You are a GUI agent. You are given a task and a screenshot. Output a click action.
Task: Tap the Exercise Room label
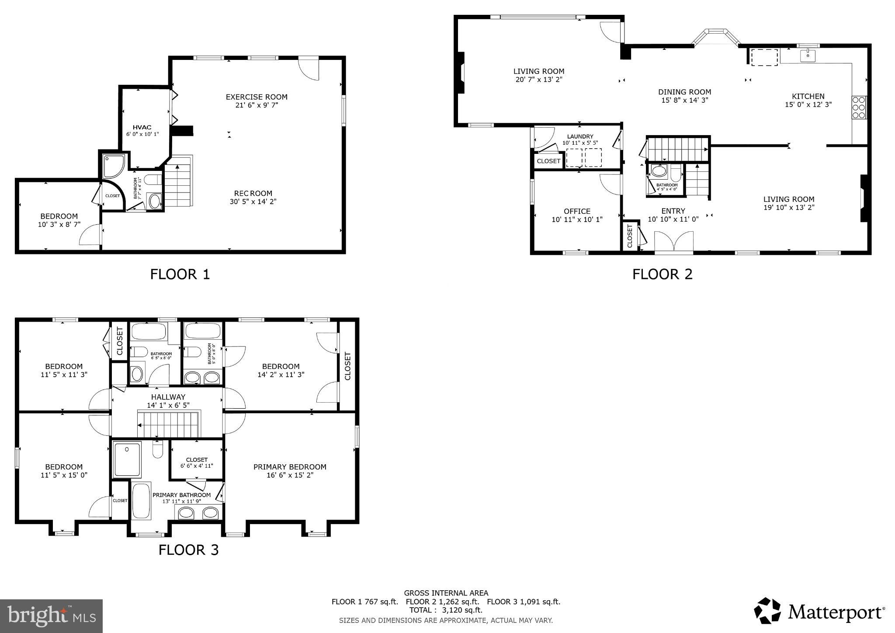257,97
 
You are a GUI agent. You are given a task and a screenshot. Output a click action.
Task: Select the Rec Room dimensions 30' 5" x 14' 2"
253,202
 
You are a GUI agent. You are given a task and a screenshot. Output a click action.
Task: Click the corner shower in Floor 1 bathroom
113,165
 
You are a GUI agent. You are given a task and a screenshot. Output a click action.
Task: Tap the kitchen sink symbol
808,56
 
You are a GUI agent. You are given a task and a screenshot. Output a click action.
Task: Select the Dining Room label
684,92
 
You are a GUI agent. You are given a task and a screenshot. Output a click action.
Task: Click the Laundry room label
580,136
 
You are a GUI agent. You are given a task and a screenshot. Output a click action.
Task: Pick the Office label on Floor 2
577,211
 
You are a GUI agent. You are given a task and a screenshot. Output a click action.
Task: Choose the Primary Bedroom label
290,467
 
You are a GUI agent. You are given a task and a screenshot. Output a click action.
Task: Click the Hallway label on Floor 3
168,397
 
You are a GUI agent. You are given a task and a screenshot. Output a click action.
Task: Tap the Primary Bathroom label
181,495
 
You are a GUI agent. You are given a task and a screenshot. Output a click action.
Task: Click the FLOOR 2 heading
662,274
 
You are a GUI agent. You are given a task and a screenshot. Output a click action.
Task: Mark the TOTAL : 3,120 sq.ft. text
446,610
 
